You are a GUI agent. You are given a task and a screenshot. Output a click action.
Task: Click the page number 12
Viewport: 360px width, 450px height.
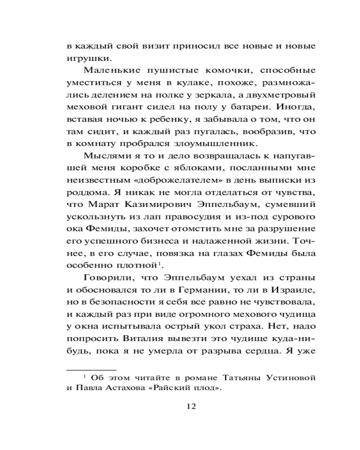[x=191, y=406]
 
